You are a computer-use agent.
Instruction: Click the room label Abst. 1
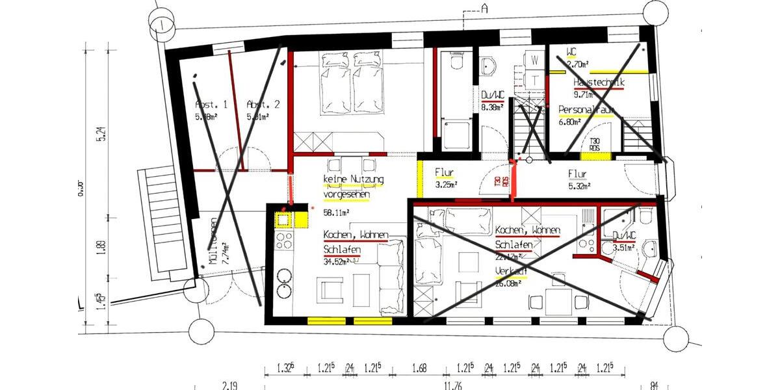click(211, 105)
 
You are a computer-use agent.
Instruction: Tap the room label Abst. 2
click(263, 105)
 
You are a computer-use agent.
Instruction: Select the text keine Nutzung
click(353, 179)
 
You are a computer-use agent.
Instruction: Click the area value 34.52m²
click(337, 261)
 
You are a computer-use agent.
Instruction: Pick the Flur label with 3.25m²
click(444, 173)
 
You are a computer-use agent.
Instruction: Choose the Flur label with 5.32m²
click(577, 174)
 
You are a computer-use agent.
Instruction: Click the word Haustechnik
click(598, 83)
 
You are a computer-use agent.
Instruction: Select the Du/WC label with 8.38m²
click(493, 96)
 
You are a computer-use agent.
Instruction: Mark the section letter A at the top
click(484, 8)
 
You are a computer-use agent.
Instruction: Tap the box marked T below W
click(535, 79)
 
